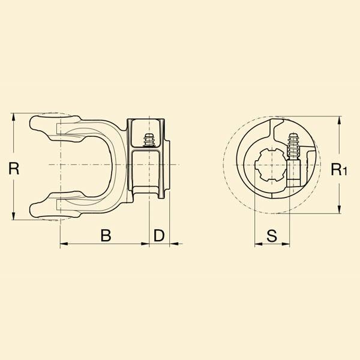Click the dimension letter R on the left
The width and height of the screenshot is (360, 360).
(x=14, y=168)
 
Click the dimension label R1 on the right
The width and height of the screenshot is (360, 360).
(x=339, y=169)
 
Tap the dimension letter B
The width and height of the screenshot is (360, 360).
(x=106, y=235)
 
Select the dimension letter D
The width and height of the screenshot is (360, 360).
(x=159, y=235)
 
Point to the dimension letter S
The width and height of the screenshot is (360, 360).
(x=272, y=236)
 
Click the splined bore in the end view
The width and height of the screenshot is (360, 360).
(x=271, y=164)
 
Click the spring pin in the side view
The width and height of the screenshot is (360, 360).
(x=149, y=140)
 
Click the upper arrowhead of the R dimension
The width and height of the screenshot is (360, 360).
(x=14, y=118)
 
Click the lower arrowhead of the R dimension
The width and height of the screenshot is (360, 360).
(x=14, y=215)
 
